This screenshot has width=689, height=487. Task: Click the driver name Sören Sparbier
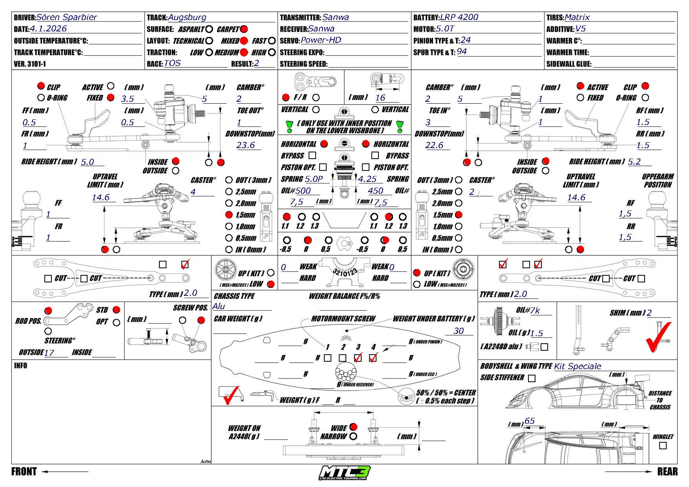click(x=66, y=17)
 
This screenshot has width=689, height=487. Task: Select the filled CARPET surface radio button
click(x=244, y=29)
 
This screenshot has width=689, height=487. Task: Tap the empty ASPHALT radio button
click(x=209, y=29)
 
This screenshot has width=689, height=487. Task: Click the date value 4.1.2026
click(x=48, y=29)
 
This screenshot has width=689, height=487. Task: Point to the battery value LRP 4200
click(x=459, y=17)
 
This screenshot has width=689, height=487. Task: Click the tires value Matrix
click(x=577, y=17)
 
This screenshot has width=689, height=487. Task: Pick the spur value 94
click(x=462, y=51)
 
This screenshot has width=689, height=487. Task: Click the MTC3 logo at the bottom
click(x=344, y=472)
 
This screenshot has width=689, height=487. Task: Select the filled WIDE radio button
click(x=353, y=427)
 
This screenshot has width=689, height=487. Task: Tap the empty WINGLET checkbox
click(x=663, y=446)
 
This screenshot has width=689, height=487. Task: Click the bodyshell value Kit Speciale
click(x=577, y=366)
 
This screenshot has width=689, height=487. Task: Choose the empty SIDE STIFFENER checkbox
click(x=532, y=378)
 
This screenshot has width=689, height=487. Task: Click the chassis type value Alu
click(x=219, y=306)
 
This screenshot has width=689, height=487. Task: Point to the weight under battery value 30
click(x=458, y=331)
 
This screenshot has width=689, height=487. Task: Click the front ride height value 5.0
click(x=88, y=162)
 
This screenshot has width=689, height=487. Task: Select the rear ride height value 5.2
click(x=634, y=162)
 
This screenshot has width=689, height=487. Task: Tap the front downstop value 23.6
click(x=246, y=145)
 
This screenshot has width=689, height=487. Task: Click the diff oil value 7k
click(x=535, y=311)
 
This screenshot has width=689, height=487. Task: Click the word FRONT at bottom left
click(x=24, y=472)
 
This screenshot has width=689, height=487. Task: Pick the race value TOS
click(x=172, y=63)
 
